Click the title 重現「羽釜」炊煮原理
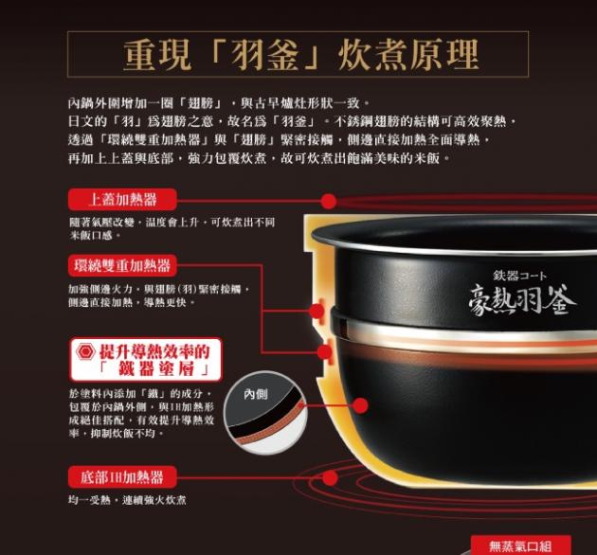(300, 54)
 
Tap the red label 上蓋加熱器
(122, 199)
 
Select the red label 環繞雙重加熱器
(122, 265)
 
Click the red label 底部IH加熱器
(122, 477)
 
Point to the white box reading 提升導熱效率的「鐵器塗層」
(146, 359)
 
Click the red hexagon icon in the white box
(85, 351)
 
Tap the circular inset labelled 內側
(265, 413)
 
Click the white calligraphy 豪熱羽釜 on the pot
(522, 301)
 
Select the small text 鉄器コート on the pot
(520, 276)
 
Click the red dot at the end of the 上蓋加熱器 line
(328, 201)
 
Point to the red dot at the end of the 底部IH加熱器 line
(330, 477)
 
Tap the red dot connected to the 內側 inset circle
(360, 405)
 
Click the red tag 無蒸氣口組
(520, 546)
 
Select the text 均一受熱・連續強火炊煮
(127, 500)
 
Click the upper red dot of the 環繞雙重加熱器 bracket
(317, 312)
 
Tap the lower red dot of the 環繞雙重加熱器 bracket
(324, 352)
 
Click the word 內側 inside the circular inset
(256, 394)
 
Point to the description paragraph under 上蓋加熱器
(172, 228)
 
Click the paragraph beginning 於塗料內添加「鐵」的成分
(141, 413)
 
